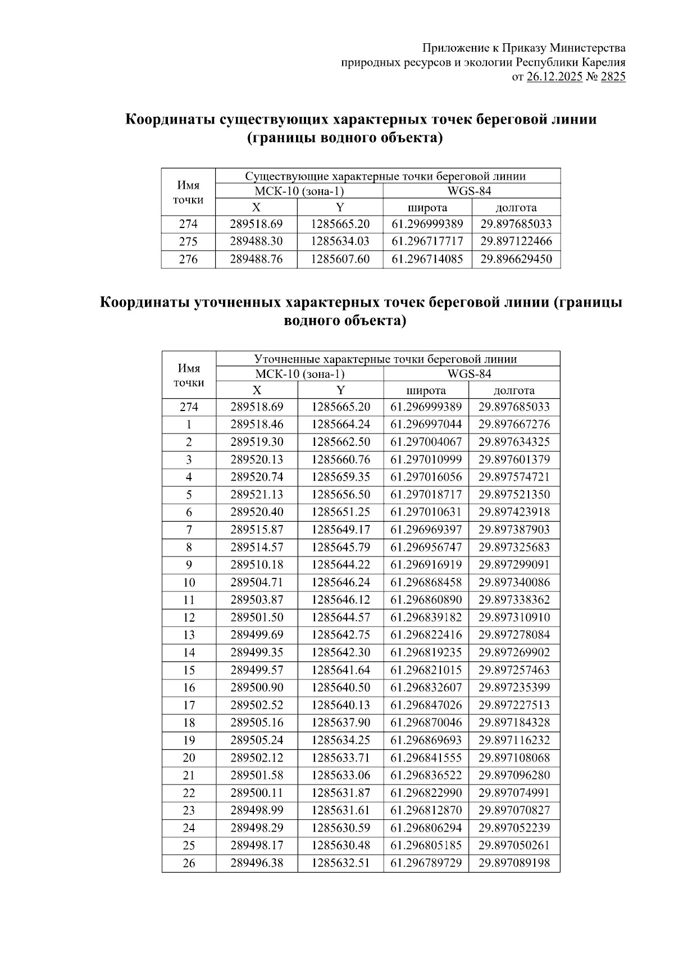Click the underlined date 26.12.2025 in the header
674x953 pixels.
click(554, 77)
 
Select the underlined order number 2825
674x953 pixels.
click(613, 77)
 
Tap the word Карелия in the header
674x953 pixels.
click(603, 63)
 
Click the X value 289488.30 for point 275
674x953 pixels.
click(256, 241)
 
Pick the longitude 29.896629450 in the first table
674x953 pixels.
click(516, 259)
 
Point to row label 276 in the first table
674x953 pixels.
click(188, 259)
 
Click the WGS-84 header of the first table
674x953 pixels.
click(471, 191)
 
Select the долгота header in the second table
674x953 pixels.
click(514, 390)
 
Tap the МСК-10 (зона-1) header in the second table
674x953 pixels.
click(299, 374)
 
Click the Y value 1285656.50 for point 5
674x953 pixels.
click(341, 495)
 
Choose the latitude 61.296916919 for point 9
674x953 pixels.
click(426, 565)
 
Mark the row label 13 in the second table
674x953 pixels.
click(189, 635)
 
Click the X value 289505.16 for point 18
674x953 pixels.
click(257, 723)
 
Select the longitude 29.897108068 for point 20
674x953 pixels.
click(514, 758)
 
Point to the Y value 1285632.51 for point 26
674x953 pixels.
click(341, 863)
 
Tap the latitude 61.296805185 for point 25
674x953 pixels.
click(426, 846)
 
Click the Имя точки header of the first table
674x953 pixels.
click(188, 193)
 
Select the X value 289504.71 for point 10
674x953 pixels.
click(257, 582)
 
